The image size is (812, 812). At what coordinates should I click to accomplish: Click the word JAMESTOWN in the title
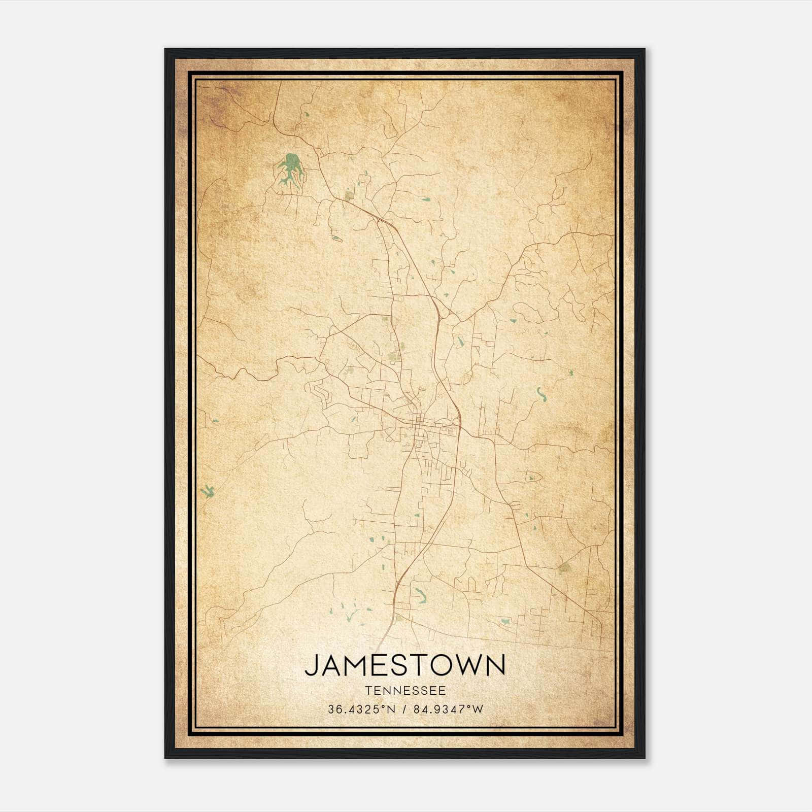pyautogui.click(x=405, y=665)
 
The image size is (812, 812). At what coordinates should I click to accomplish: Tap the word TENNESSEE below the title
pyautogui.click(x=405, y=691)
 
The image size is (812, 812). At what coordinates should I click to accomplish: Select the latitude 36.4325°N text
pyautogui.click(x=361, y=709)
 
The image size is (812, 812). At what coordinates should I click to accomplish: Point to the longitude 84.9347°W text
pyautogui.click(x=449, y=709)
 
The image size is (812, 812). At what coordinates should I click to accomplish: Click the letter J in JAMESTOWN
pyautogui.click(x=311, y=666)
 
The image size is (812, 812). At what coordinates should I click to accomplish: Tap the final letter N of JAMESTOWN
pyautogui.click(x=495, y=665)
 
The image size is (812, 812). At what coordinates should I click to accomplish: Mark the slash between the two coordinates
pyautogui.click(x=404, y=709)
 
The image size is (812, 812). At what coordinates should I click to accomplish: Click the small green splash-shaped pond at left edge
pyautogui.click(x=207, y=491)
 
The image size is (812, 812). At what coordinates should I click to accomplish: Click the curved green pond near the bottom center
pyautogui.click(x=421, y=595)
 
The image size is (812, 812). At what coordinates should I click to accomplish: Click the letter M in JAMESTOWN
pyautogui.click(x=358, y=665)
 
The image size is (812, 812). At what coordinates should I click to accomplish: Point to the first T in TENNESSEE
pyautogui.click(x=367, y=691)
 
